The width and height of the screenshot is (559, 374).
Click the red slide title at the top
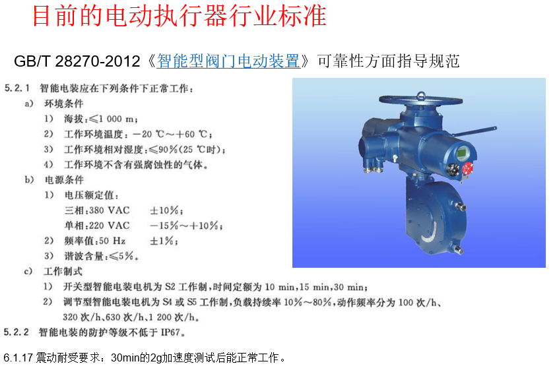pos(180,16)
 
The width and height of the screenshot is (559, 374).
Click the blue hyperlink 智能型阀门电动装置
pos(228,61)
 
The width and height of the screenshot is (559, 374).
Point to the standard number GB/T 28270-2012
pos(77,61)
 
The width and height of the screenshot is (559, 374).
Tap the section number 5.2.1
pos(16,88)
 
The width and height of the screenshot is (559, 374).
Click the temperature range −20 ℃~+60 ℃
pos(172,134)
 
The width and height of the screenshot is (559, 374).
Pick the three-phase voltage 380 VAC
pos(110,210)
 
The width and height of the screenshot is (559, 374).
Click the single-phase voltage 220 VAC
pos(110,226)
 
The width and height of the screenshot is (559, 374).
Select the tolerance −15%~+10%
pos(185,226)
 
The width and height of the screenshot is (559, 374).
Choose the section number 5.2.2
pos(16,332)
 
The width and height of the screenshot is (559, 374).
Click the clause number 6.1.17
pos(18,358)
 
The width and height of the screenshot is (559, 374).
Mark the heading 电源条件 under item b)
pos(64,180)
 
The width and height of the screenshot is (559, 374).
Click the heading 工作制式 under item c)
pos(63,271)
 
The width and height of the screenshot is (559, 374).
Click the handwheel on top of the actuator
pos(420,100)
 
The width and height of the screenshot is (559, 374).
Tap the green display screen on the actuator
pos(463,154)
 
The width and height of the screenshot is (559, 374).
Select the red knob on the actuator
pos(468,168)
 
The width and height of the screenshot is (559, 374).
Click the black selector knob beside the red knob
pos(453,170)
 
